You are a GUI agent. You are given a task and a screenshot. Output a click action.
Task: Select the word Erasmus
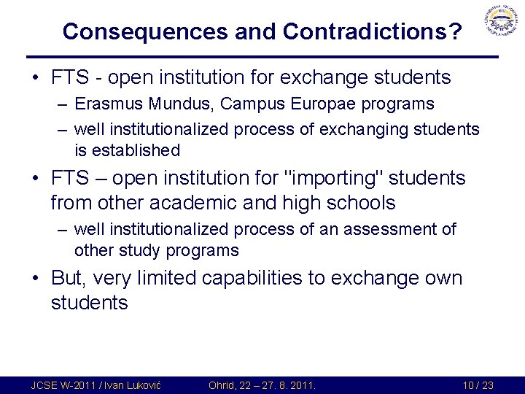(104, 104)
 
